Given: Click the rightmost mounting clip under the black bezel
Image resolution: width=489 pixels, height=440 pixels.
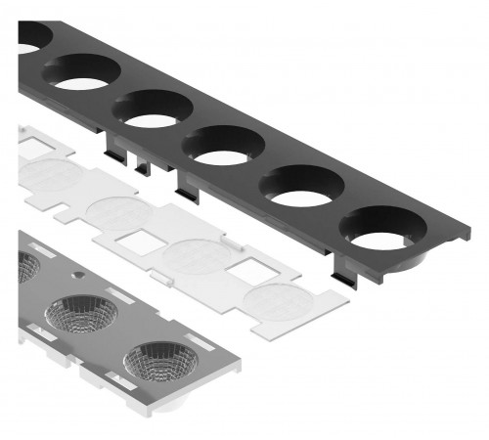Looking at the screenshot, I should click(343, 278).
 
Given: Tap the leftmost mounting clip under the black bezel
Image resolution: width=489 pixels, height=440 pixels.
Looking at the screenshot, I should click(116, 146).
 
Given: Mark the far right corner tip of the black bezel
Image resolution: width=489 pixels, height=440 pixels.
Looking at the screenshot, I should click(469, 233).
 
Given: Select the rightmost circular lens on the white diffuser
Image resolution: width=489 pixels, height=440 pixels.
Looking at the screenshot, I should click(278, 299).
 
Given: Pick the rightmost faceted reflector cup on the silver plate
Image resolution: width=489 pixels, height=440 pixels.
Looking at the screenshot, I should click(160, 362).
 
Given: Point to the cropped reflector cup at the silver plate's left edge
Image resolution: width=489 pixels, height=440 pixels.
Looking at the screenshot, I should click(27, 265).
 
